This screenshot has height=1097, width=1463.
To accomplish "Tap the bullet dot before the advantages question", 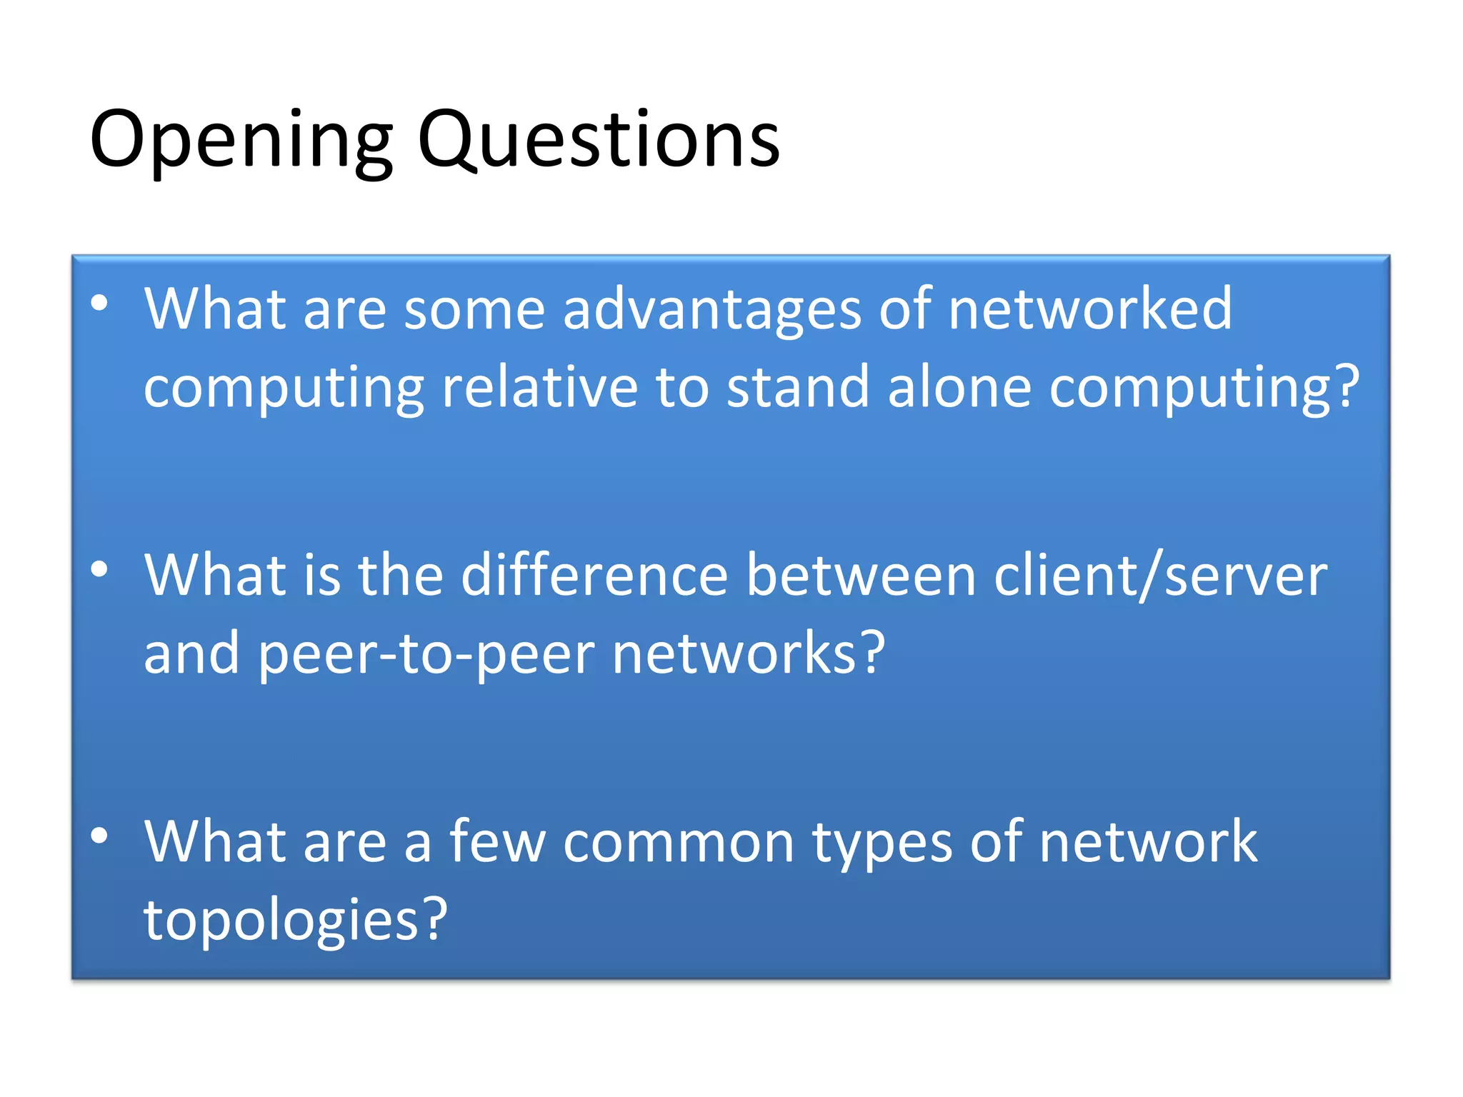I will pos(99,304).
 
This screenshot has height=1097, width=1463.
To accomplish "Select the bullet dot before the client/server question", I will pos(99,569).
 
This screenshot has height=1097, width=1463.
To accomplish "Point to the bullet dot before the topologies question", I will pos(99,835).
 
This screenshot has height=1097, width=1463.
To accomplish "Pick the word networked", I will pos(1090,309).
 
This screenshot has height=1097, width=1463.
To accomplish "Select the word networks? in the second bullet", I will pos(749,653).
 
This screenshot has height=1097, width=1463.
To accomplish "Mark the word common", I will pos(679,843).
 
